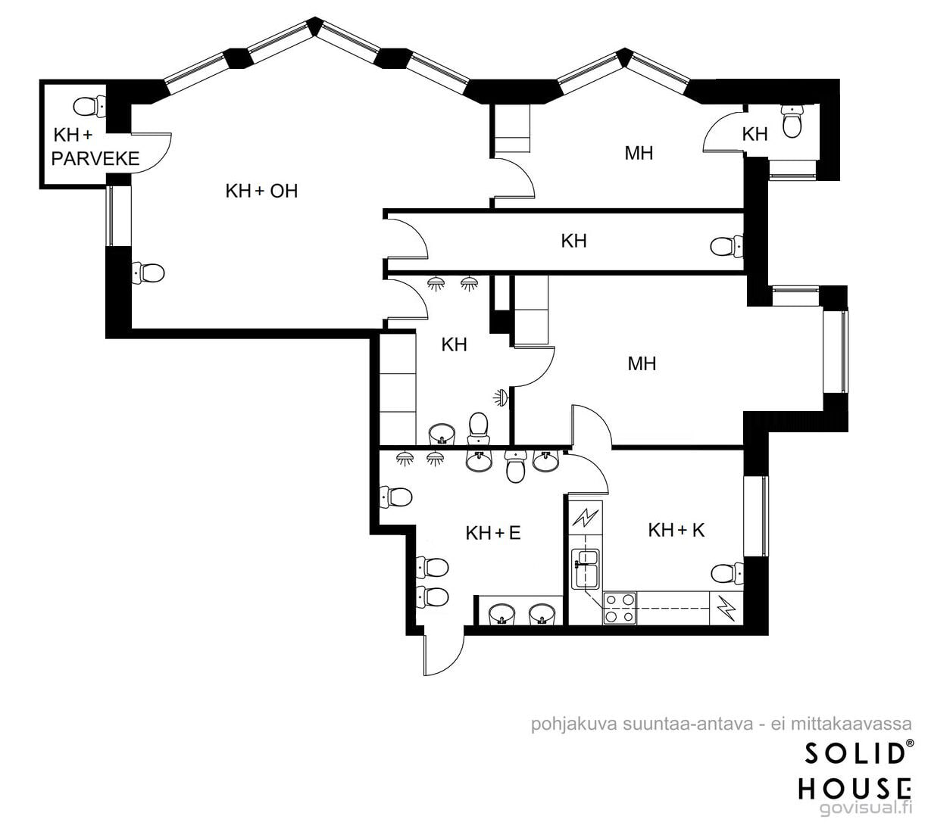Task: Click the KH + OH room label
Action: click(x=261, y=191)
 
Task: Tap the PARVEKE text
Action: click(x=95, y=158)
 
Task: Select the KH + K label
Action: click(x=676, y=530)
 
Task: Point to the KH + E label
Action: click(x=493, y=533)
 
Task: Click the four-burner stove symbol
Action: click(x=620, y=608)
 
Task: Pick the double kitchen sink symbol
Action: click(x=586, y=569)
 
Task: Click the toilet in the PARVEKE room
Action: click(x=89, y=107)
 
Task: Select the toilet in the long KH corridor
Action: click(x=726, y=246)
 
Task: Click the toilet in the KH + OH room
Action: click(x=148, y=273)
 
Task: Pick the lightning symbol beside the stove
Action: click(x=726, y=608)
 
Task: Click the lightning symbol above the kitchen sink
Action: click(x=586, y=518)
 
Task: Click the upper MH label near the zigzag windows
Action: click(x=639, y=153)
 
